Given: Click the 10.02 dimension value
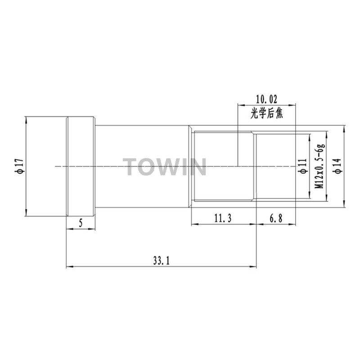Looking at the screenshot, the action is [x=266, y=99].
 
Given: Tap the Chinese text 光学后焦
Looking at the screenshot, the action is [x=266, y=113].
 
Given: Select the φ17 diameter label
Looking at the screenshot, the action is [x=20, y=166].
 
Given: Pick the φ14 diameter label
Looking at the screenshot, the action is [x=338, y=166].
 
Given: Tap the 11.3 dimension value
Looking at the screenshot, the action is [x=223, y=218].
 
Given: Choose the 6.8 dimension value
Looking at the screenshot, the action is [x=276, y=218].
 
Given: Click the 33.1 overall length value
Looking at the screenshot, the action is [x=162, y=261].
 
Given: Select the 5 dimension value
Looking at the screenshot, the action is [x=81, y=223].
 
